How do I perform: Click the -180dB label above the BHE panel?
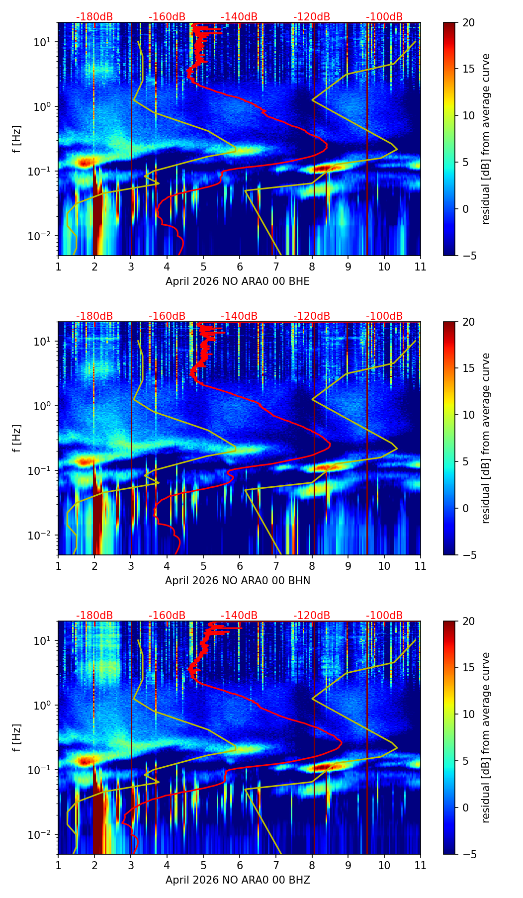pos(94,17)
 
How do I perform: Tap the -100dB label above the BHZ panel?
pos(384,616)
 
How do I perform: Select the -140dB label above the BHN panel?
pos(239,316)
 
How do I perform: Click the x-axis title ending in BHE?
pos(238,281)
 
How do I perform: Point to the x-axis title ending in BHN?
pos(238,581)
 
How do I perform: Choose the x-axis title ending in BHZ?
pos(238,880)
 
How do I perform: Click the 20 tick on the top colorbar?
pos(468,23)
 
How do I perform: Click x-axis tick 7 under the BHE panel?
pos(276,267)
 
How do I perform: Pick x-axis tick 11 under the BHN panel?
pos(421,566)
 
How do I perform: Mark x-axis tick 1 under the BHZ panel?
pos(59,865)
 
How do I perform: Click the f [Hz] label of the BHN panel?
pos(17,438)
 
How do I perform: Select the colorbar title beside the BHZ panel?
pos(486,737)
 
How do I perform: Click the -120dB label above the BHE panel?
pos(312,17)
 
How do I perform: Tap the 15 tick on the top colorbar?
pos(468,69)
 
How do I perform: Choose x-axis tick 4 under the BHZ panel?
pos(167,865)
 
